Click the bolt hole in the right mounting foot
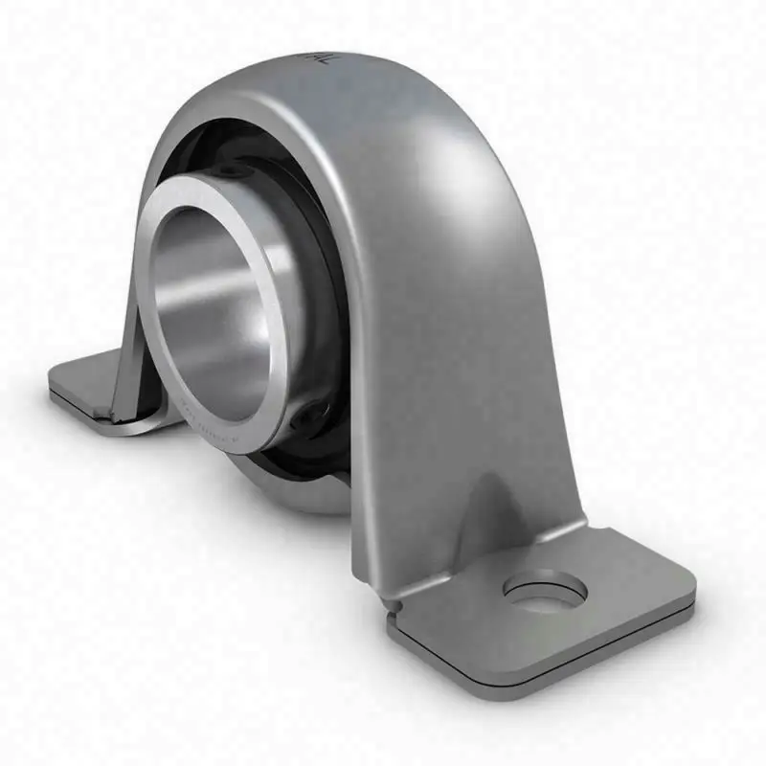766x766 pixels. click(x=542, y=590)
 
